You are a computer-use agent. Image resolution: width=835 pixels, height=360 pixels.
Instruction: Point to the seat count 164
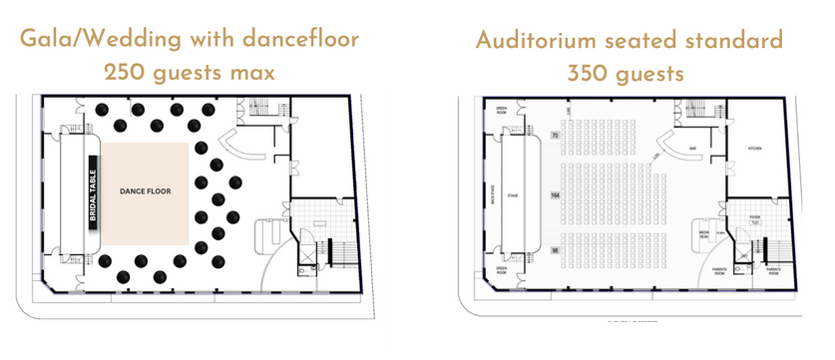554,194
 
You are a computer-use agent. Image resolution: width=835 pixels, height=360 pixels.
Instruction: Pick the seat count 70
554,135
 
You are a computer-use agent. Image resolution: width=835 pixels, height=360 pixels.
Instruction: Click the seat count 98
554,249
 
